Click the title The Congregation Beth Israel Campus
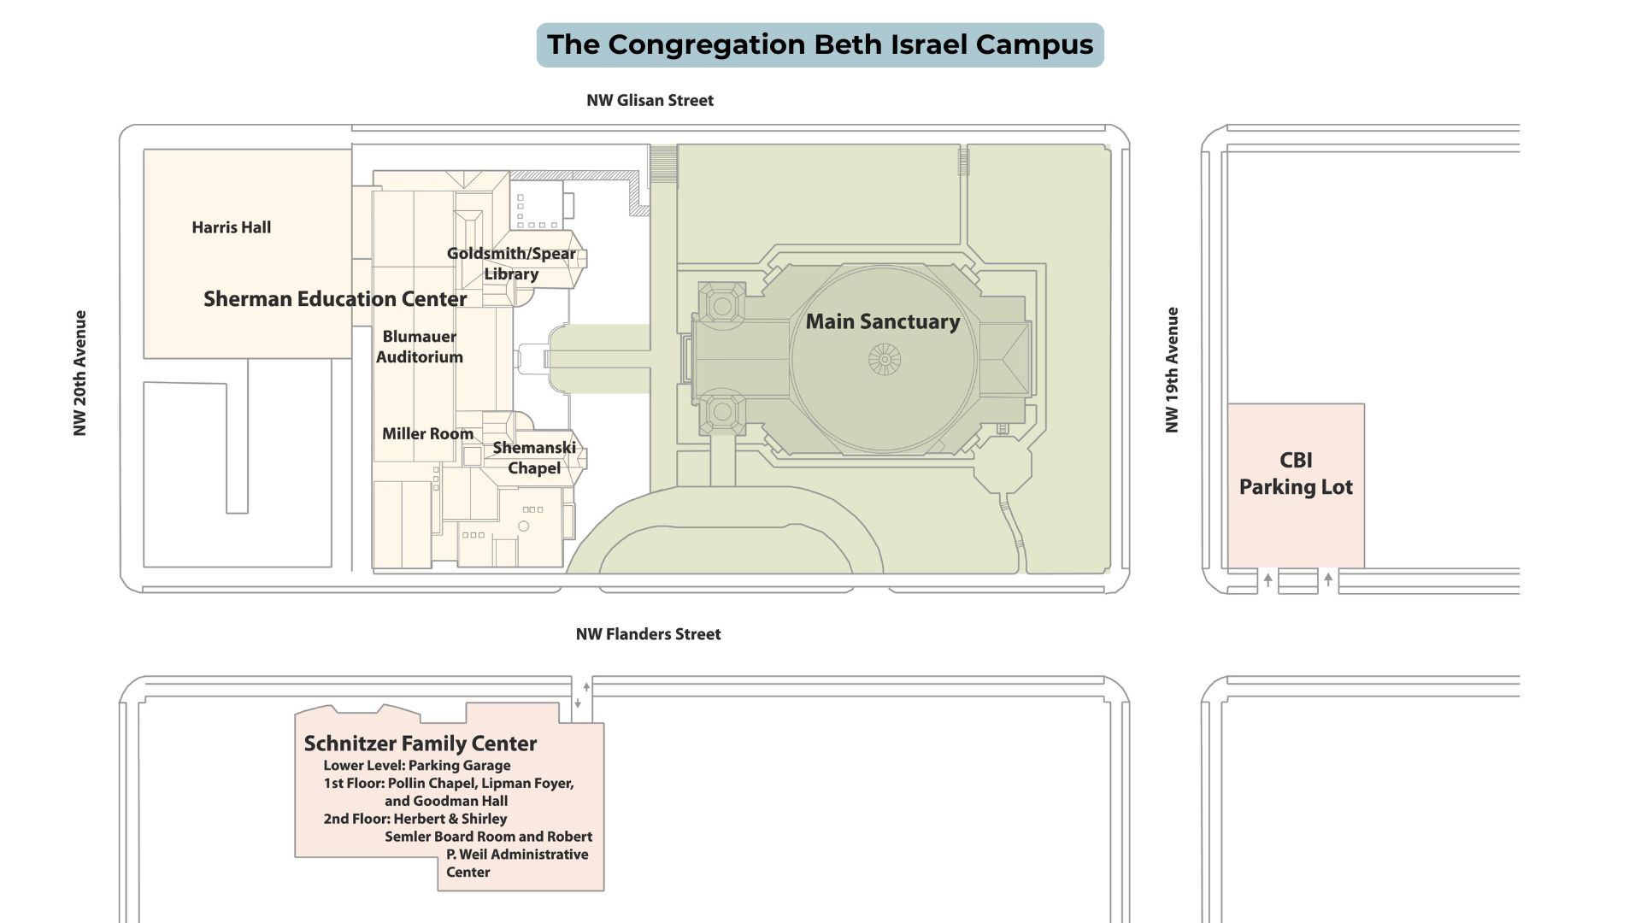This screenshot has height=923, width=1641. (820, 44)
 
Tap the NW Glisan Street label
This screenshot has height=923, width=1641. (650, 100)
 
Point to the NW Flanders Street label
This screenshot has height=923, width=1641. (648, 634)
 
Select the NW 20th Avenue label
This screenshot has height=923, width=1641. (80, 373)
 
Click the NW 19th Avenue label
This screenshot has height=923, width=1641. (1173, 370)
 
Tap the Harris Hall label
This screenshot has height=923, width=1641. (231, 227)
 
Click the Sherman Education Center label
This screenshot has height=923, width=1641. (335, 299)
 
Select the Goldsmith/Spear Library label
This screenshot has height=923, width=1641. (511, 263)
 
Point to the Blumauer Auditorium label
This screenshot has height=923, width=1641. (420, 347)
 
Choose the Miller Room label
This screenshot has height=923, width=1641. (427, 434)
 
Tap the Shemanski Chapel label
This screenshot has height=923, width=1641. (534, 458)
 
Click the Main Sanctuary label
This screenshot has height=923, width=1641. (883, 322)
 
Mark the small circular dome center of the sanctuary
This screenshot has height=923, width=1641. (885, 360)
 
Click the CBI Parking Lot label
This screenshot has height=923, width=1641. (1296, 473)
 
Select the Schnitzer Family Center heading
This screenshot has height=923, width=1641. (421, 744)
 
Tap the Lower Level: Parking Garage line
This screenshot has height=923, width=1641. (417, 766)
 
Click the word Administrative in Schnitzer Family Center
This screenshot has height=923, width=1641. (539, 855)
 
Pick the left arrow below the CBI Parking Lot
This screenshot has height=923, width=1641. (1268, 579)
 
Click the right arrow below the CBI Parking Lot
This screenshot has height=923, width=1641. (1328, 579)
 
